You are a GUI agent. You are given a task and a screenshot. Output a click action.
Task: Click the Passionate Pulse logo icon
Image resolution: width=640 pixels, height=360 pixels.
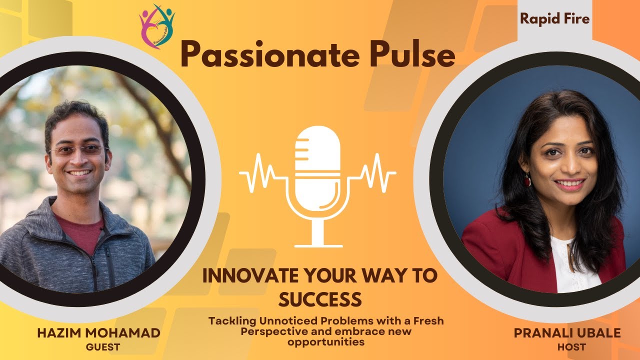point(156,26)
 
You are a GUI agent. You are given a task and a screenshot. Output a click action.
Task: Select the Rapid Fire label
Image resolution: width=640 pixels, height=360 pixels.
point(554,19)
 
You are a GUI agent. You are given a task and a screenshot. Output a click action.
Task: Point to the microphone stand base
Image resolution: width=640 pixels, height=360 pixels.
point(318,245)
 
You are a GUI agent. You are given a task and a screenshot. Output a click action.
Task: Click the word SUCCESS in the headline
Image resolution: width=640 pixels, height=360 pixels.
point(319,299)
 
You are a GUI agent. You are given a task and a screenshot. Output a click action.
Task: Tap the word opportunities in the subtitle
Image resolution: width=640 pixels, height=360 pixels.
point(325,342)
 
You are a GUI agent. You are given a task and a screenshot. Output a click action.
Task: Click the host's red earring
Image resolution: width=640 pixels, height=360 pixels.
point(527,180)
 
